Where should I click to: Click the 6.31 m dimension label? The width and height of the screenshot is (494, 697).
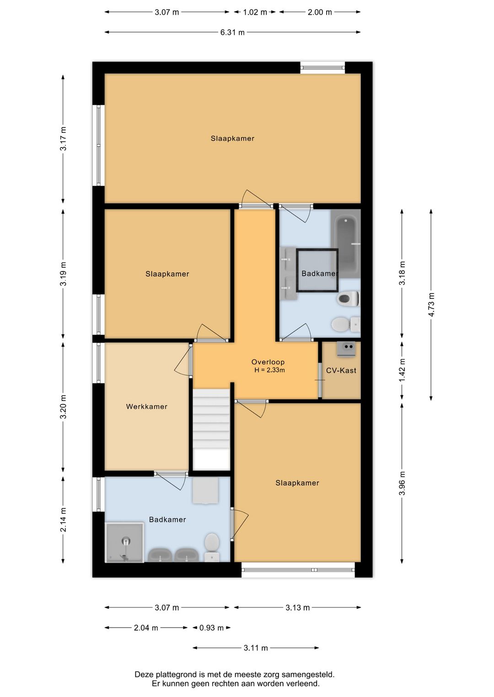232,32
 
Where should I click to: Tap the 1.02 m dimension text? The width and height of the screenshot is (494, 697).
255,12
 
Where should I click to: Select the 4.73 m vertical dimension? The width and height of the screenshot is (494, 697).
431,305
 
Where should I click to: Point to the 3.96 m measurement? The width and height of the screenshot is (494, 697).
402,483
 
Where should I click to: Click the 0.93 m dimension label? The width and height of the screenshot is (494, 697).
212,628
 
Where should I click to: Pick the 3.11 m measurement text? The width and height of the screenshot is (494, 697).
256,648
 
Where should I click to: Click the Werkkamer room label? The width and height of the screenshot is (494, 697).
146,407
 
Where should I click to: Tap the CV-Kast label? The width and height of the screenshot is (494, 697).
341,370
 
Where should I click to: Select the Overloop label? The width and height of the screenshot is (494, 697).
268,362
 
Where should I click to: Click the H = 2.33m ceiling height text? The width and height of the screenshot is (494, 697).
269,370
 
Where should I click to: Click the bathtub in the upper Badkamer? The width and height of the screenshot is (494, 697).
348,244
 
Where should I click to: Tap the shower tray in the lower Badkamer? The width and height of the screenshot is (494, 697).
125,543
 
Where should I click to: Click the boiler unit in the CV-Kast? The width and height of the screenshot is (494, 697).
346,349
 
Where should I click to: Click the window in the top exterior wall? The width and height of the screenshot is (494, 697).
322,68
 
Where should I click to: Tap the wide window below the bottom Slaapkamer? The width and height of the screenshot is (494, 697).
298,570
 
